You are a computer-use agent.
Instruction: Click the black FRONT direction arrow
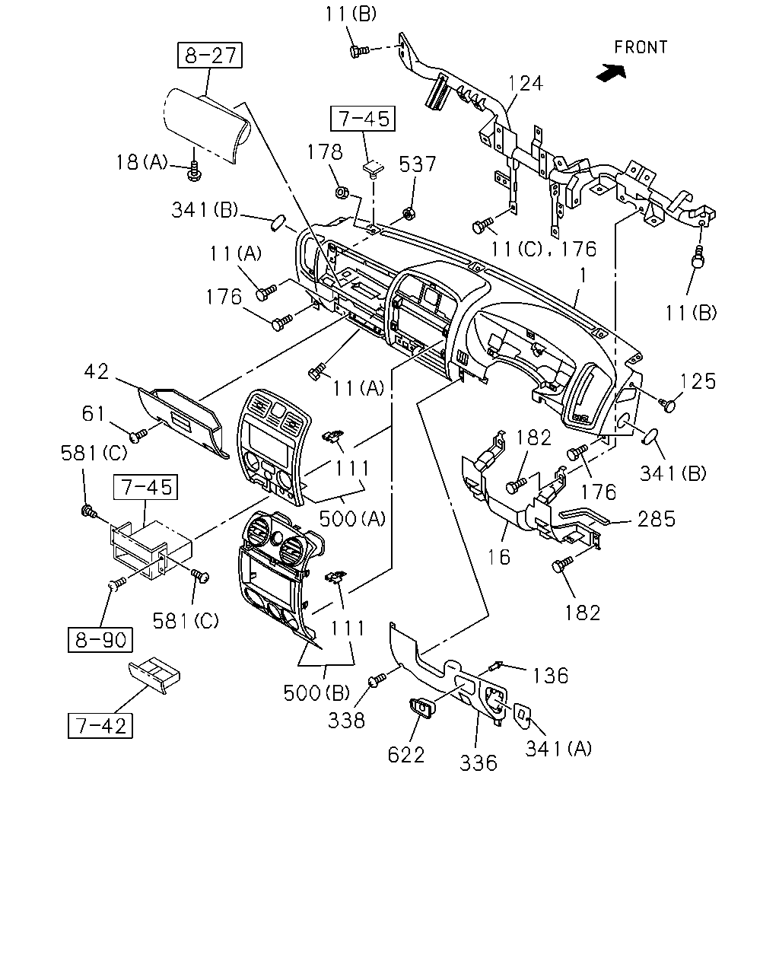[x=611, y=72]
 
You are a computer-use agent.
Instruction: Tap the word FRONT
[x=641, y=47]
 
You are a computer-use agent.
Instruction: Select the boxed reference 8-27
[x=209, y=56]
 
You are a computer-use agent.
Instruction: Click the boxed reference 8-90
[x=100, y=639]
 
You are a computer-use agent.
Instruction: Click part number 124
[x=525, y=84]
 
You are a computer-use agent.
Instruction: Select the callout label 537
[x=417, y=164]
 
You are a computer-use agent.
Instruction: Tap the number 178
[x=325, y=152]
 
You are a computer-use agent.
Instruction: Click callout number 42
[x=97, y=371]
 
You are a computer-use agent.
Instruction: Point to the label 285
[x=657, y=519]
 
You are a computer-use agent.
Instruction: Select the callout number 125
[x=698, y=381]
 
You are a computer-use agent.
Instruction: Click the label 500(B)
[x=316, y=692]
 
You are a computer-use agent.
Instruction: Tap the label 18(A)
[x=141, y=162]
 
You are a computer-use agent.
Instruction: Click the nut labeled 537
[x=409, y=213]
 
